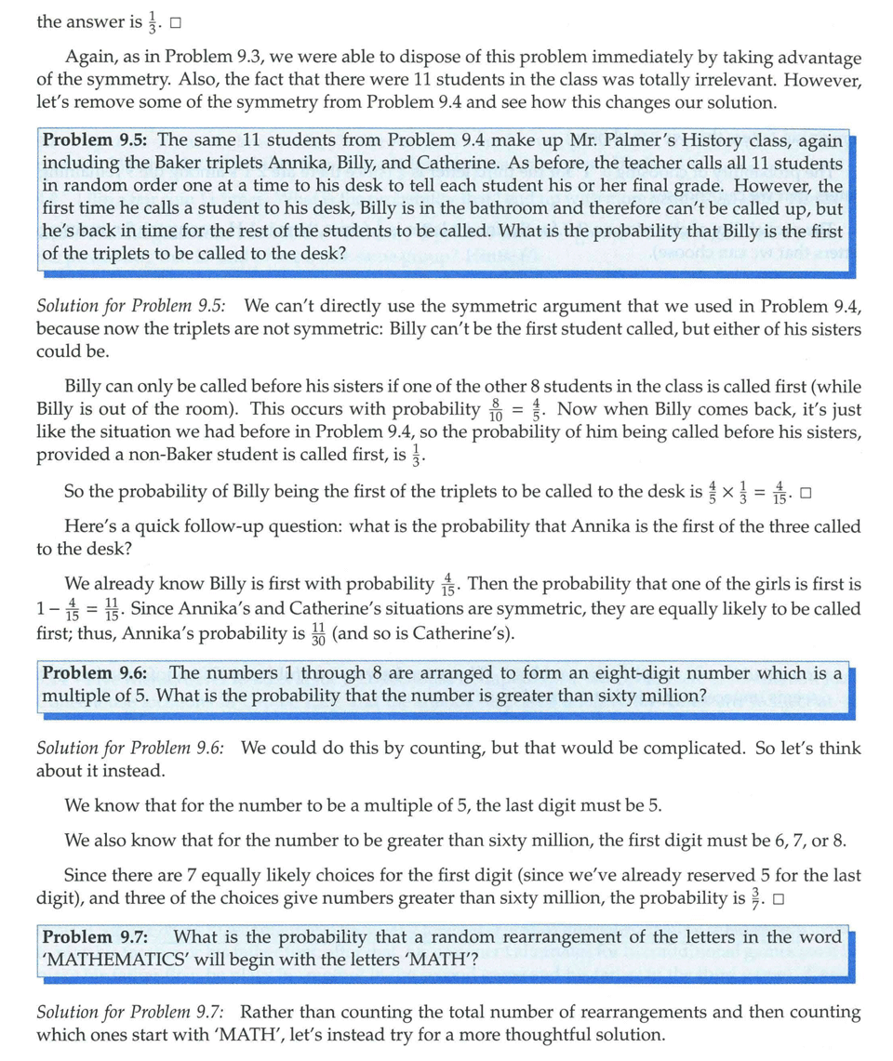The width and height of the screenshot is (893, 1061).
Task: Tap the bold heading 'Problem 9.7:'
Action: point(96,937)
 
